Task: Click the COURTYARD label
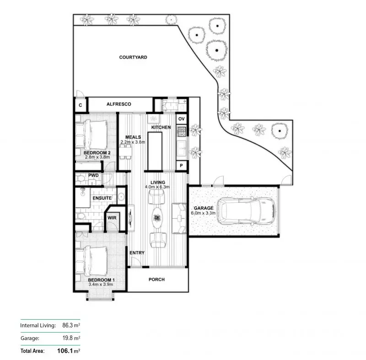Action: pos(133,57)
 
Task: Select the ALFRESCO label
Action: pos(118,104)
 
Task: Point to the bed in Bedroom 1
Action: pos(94,261)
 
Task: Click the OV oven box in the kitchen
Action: pos(181,119)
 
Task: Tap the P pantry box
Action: pos(181,165)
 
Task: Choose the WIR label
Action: pos(112,218)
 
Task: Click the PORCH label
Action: pos(157,279)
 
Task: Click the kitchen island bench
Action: pos(155,150)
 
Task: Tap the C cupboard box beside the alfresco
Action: pos(80,105)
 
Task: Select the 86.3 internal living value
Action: pos(68,326)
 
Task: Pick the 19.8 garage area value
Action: pos(68,338)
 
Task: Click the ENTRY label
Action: pos(137,253)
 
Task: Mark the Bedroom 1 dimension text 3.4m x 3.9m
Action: pos(101,285)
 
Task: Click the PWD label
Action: pos(94,175)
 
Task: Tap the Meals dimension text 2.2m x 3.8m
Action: pos(132,142)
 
